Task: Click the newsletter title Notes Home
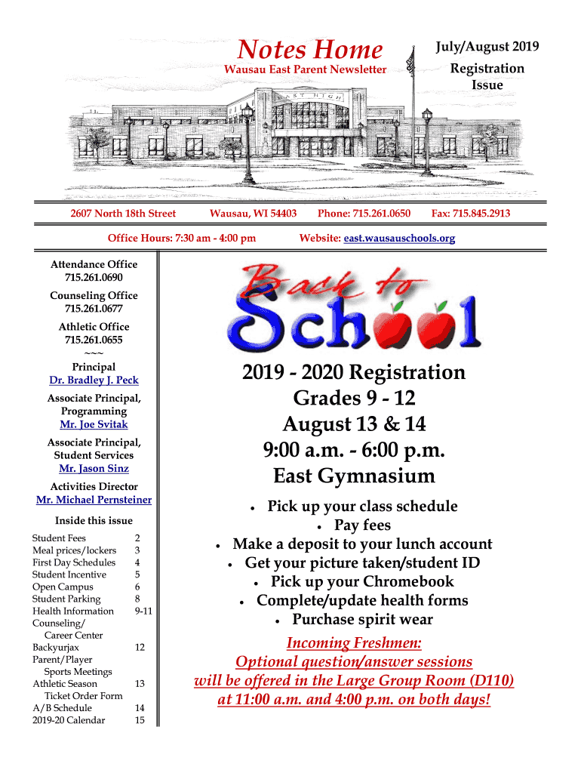(309, 50)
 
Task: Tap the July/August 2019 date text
(487, 47)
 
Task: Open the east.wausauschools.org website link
(399, 239)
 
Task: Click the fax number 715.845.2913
(470, 214)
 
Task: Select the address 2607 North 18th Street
(123, 214)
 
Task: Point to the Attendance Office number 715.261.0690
(94, 278)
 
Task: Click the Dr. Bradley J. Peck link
(94, 380)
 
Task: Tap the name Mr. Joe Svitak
(94, 424)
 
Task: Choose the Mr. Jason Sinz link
(94, 469)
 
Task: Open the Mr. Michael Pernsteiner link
(94, 500)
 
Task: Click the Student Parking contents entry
(63, 599)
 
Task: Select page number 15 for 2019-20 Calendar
(140, 720)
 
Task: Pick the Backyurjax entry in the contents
(56, 647)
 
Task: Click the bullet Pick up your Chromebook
(362, 581)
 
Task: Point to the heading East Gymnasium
(354, 476)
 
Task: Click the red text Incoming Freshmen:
(354, 643)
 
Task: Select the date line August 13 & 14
(354, 424)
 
